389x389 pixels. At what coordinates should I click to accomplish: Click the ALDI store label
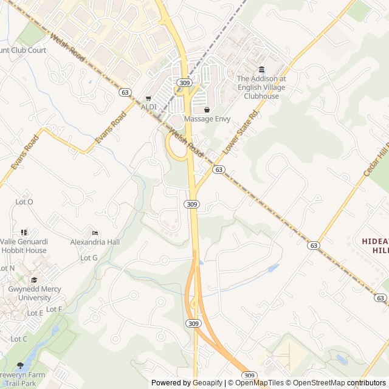pyautogui.click(x=149, y=107)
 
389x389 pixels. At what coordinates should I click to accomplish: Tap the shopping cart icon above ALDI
pyautogui.click(x=148, y=98)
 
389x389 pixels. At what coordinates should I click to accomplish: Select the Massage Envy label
pyautogui.click(x=207, y=119)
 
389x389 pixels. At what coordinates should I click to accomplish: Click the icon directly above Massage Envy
pyautogui.click(x=207, y=110)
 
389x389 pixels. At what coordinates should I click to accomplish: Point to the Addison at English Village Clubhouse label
pyautogui.click(x=261, y=88)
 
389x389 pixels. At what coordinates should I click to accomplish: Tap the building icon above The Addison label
pyautogui.click(x=261, y=69)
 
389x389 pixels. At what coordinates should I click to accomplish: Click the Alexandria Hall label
pyautogui.click(x=95, y=242)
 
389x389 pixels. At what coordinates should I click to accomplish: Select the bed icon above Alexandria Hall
pyautogui.click(x=94, y=233)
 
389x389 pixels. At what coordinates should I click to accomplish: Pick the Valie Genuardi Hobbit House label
pyautogui.click(x=24, y=246)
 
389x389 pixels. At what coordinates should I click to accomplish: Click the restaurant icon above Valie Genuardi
pyautogui.click(x=24, y=232)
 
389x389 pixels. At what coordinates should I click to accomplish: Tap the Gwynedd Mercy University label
pyautogui.click(x=34, y=294)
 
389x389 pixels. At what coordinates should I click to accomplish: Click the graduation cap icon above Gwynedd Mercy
pyautogui.click(x=34, y=280)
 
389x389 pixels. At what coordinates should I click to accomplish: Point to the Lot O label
pyautogui.click(x=24, y=202)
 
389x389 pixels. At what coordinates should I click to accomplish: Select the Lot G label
pyautogui.click(x=89, y=258)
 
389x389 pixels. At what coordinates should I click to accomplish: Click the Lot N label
pyautogui.click(x=7, y=268)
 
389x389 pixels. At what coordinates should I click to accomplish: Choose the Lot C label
pyautogui.click(x=19, y=339)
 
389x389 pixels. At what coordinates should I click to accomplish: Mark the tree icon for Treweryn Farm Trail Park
pyautogui.click(x=20, y=365)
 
